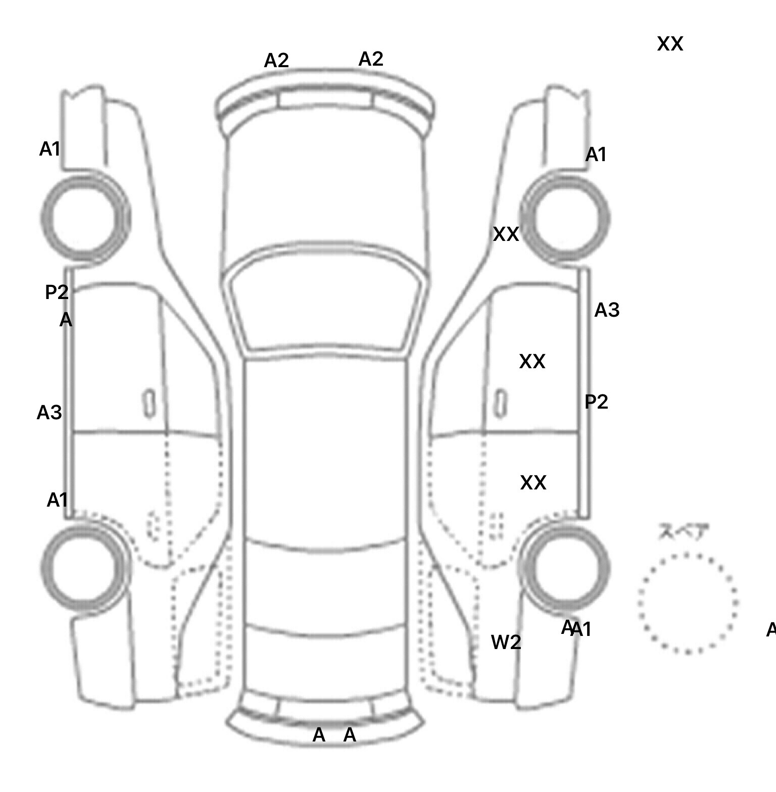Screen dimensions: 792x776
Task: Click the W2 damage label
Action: [x=506, y=642]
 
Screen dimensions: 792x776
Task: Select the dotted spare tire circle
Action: [x=688, y=603]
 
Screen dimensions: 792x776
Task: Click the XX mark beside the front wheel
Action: [x=506, y=234]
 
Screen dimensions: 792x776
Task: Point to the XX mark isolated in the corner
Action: [x=670, y=44]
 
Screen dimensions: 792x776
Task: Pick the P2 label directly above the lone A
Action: [x=57, y=292]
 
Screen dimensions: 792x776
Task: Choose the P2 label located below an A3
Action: [x=596, y=402]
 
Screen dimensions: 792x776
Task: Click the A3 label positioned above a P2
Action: [x=607, y=310]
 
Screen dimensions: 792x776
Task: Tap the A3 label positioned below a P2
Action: [x=50, y=413]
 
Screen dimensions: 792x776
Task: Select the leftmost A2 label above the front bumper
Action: [x=276, y=61]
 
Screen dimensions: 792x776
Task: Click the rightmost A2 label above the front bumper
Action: [x=371, y=59]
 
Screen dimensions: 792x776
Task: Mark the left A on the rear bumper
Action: [x=319, y=735]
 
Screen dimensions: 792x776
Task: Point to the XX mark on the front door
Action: [x=532, y=362]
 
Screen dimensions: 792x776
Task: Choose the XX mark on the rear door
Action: [x=533, y=483]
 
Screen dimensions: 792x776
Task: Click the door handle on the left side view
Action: [x=149, y=403]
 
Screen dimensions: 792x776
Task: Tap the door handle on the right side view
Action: [x=501, y=403]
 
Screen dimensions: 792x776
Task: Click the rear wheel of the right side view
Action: [x=565, y=567]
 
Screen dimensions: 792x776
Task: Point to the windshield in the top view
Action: [x=326, y=298]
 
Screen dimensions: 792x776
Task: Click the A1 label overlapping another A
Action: [x=581, y=630]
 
